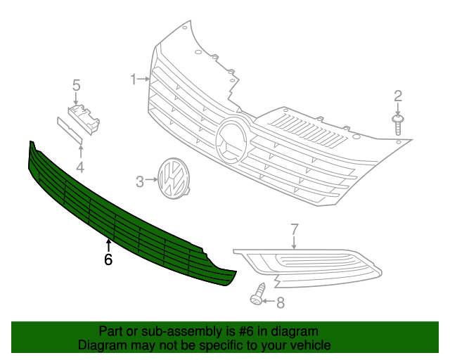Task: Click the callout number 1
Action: (133, 79)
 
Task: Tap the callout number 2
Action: (397, 96)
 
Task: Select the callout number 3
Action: (139, 181)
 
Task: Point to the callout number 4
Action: (80, 167)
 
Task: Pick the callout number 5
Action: (76, 86)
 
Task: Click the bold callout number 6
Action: (108, 259)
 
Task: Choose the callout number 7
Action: (295, 229)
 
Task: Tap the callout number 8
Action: (281, 303)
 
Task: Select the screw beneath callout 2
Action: (398, 124)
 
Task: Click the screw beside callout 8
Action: (259, 295)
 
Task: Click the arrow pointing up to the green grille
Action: (108, 245)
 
